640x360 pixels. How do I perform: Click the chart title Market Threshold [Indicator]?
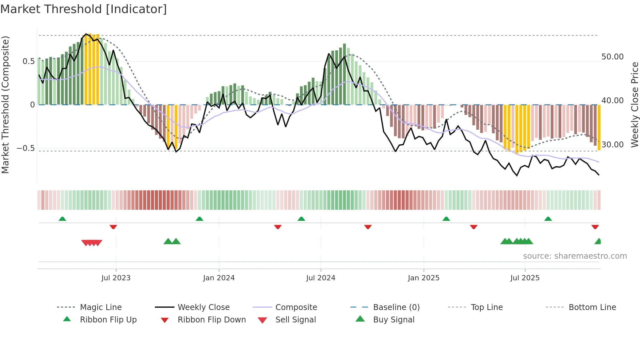click(84, 9)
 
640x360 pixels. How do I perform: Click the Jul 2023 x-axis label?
click(116, 278)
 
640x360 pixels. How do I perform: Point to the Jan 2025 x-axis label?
click(424, 278)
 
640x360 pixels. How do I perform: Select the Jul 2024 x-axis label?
click(321, 278)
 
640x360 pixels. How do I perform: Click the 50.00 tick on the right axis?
click(612, 57)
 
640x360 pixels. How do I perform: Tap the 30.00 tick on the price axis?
click(612, 145)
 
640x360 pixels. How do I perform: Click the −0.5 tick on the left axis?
click(26, 148)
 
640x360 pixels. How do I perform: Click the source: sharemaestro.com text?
click(575, 256)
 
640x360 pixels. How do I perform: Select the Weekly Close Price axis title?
click(634, 105)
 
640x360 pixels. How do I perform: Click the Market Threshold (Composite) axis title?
click(6, 105)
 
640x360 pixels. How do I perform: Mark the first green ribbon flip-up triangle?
click(62, 219)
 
